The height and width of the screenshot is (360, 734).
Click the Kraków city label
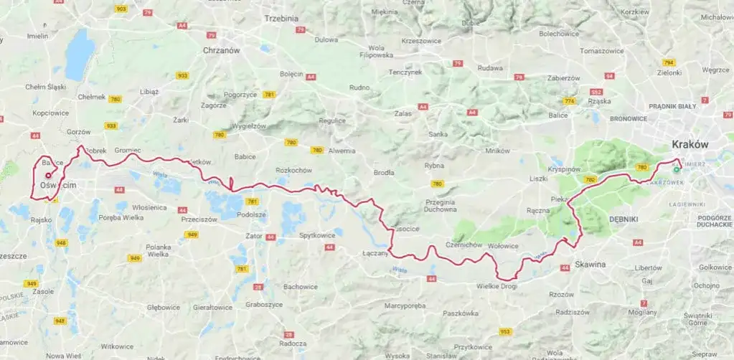tap(690, 144)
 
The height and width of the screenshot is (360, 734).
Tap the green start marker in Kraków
tap(676, 170)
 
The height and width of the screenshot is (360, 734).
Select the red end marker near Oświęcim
tap(48, 175)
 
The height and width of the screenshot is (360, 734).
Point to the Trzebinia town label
tap(281, 18)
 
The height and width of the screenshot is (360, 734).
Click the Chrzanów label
tap(221, 51)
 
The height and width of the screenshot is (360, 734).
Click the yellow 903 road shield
tap(121, 8)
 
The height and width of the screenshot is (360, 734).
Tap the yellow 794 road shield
tap(669, 62)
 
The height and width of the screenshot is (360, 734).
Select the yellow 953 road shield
tap(506, 331)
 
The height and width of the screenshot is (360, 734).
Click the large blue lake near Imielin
tap(80, 55)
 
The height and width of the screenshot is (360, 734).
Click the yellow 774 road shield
tap(570, 100)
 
